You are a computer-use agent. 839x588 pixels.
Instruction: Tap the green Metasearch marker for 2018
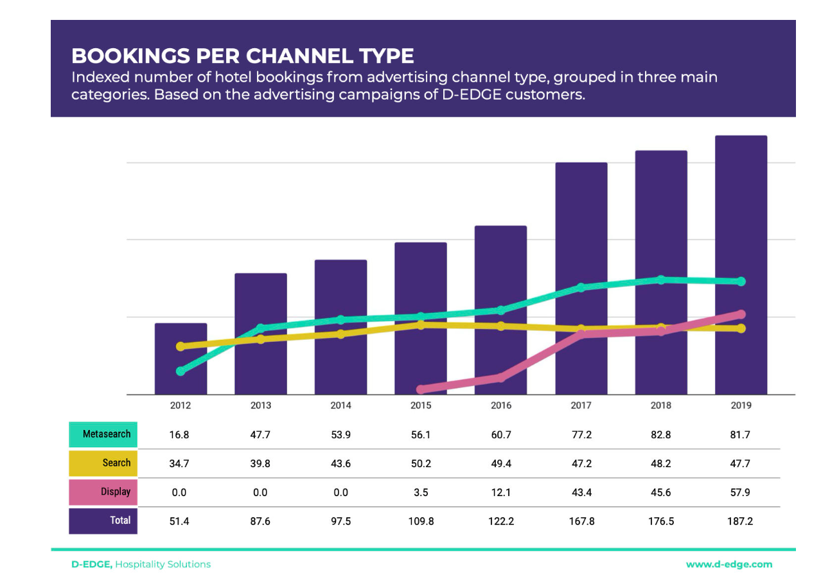[661, 280]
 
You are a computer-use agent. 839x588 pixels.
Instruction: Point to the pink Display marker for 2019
[741, 314]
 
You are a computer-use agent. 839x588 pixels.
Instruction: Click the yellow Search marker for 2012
[181, 346]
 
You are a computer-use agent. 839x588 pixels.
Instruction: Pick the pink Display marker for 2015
[421, 389]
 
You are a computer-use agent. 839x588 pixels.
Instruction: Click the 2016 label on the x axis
[501, 405]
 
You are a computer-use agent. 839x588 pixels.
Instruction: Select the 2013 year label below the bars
[261, 405]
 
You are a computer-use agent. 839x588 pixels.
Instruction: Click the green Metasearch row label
[103, 434]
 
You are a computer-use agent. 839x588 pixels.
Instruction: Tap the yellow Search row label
[103, 463]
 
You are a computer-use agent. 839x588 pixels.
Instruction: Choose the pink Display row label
[103, 492]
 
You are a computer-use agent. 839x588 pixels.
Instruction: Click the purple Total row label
[103, 521]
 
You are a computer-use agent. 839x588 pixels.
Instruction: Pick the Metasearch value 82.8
[661, 435]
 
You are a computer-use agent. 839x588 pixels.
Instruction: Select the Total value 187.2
[740, 521]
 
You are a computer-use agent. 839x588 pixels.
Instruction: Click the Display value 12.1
[501, 492]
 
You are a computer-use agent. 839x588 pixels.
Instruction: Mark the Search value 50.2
[421, 463]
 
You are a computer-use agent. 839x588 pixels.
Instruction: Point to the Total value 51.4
[179, 521]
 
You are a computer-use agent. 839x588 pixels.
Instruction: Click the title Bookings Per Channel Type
[242, 56]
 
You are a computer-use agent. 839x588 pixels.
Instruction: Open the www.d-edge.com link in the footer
[729, 564]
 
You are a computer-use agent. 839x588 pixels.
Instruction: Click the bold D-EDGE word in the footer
[92, 564]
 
